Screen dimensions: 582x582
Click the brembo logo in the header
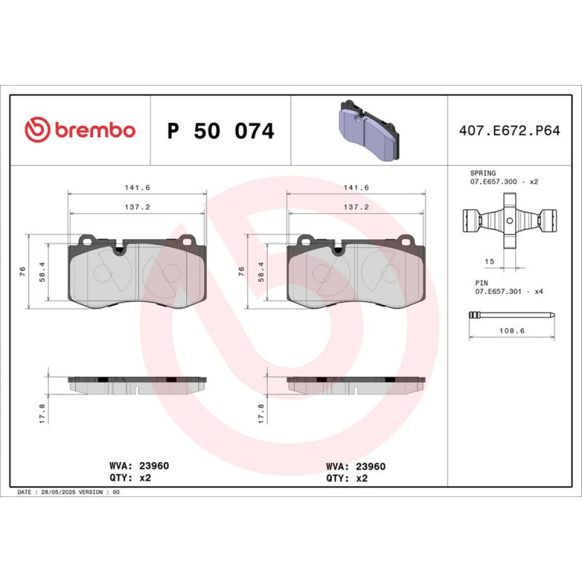pyautogui.click(x=80, y=130)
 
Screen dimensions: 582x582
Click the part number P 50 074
pyautogui.click(x=221, y=131)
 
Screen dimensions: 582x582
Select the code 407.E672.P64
pyautogui.click(x=509, y=130)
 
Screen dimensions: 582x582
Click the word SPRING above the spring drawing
pyautogui.click(x=482, y=173)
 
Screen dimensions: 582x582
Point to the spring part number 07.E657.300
pyautogui.click(x=494, y=182)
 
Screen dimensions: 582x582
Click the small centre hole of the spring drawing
pyautogui.click(x=510, y=221)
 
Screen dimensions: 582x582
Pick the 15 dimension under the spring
pyautogui.click(x=489, y=261)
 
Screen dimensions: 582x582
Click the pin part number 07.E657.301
pyautogui.click(x=498, y=292)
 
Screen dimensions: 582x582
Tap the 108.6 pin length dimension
pyautogui.click(x=512, y=331)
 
